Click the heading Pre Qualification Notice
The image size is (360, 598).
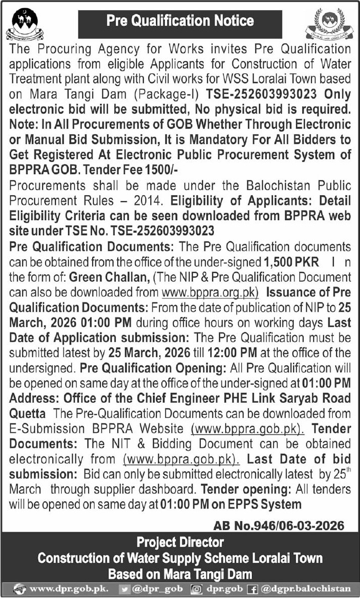pyautogui.click(x=180, y=21)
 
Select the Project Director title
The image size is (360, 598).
pyautogui.click(x=180, y=542)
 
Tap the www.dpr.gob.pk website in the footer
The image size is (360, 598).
pyautogui.click(x=68, y=589)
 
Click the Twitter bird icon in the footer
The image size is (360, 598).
pyautogui.click(x=123, y=589)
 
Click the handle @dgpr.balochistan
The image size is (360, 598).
pyautogui.click(x=305, y=589)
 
